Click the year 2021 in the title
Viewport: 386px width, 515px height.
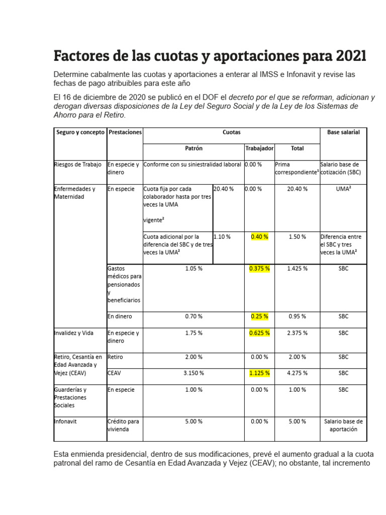345,55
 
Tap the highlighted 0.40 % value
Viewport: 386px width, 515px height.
259,236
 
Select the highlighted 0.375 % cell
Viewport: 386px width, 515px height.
259,269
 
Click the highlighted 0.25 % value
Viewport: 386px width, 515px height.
259,316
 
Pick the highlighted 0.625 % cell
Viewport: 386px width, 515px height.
259,333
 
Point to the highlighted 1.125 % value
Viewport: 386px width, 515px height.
259,373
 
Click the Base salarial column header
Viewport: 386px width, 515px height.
343,132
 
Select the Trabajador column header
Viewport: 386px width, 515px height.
259,149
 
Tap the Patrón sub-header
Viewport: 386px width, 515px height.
194,149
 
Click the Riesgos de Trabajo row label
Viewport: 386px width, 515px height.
78,164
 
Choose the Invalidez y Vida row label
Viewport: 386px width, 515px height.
74,333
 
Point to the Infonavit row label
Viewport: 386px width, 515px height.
65,421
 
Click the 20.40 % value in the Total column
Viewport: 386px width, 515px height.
297,189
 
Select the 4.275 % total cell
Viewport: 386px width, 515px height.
297,373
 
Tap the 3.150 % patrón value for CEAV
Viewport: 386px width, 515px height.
194,373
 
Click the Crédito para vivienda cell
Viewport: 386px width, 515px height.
123,425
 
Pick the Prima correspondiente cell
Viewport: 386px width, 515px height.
297,168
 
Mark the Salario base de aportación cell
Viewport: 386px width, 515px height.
343,425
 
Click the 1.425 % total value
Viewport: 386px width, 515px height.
297,269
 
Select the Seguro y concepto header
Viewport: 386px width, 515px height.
80,132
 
